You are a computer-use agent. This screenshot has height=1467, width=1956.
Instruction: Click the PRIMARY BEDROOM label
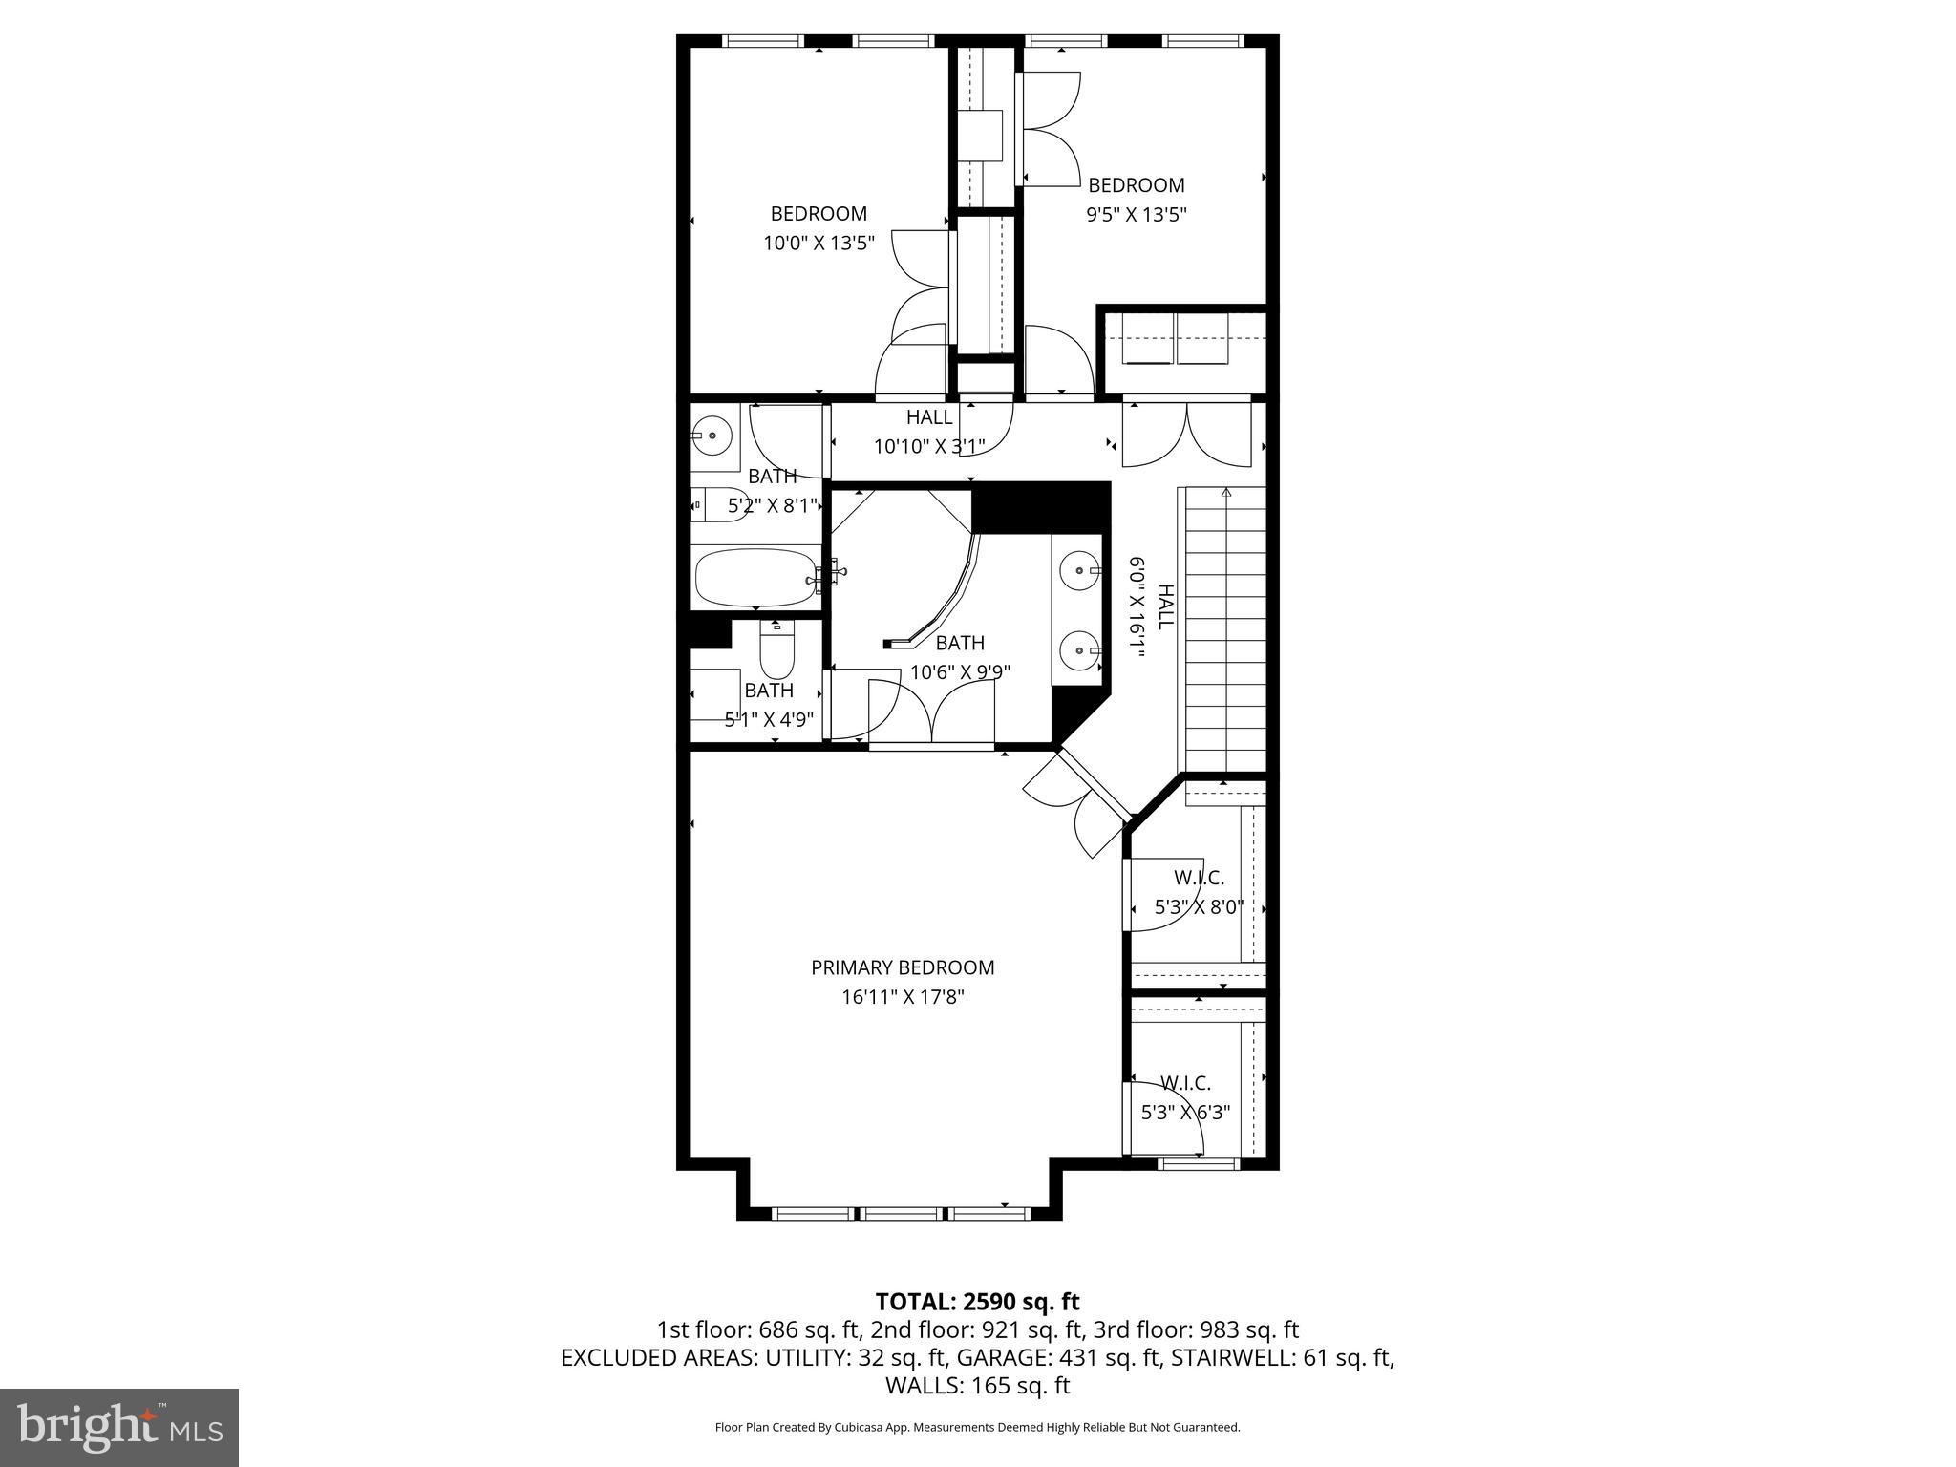903,967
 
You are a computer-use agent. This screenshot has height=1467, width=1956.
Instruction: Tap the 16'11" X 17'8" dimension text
903,997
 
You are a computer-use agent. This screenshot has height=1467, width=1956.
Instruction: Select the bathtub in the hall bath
755,577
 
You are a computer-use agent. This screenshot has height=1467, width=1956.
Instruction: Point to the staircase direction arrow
1225,494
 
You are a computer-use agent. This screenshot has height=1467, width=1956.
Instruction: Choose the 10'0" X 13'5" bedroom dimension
819,243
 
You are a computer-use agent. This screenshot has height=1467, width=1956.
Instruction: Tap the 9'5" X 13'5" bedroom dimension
1136,214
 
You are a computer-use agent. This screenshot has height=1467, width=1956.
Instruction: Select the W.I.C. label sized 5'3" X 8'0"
1199,878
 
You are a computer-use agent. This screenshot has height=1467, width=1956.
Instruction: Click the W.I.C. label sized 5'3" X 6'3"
1185,1083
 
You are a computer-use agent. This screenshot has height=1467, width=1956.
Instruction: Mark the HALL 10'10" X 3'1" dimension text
928,446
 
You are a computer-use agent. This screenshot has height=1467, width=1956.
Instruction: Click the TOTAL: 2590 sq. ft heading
977,1301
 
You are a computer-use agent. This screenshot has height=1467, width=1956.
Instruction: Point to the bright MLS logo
119,1428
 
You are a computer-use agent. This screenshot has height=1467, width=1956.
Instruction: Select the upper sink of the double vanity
1079,571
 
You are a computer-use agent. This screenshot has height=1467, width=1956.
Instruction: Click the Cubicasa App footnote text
977,1427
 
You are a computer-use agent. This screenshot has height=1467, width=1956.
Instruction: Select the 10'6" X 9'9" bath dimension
960,672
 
